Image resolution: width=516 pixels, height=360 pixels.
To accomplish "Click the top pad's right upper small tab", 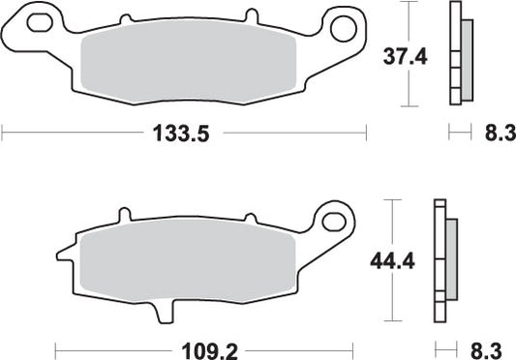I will [250, 18].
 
